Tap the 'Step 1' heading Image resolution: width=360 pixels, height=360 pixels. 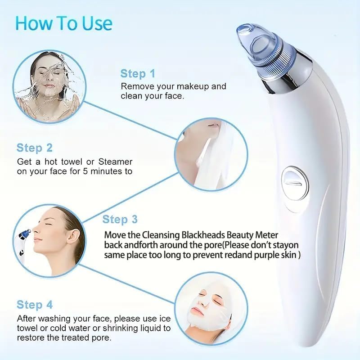pos(138,74)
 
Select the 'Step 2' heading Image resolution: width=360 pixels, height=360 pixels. pos(35,148)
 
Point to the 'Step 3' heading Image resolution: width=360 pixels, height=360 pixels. pos(120,220)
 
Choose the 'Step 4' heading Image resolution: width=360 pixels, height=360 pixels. pos(35,305)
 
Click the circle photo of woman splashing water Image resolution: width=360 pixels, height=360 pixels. pos(47,81)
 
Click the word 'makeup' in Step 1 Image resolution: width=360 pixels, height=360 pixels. pos(193,86)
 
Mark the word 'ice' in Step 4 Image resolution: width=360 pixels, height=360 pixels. pos(165,318)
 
